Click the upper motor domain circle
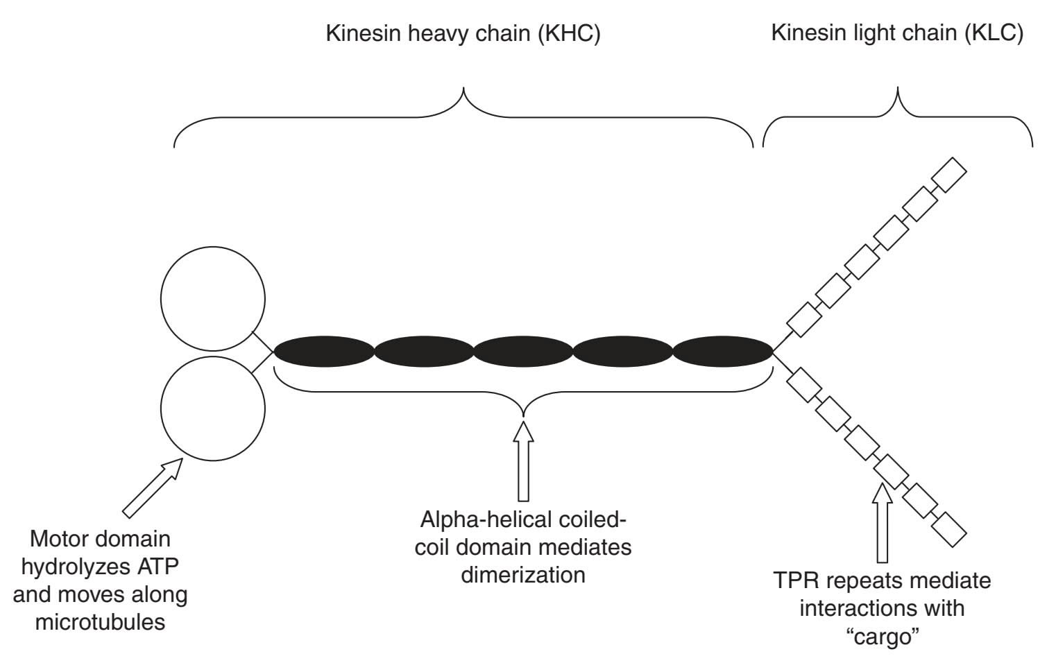pyautogui.click(x=212, y=300)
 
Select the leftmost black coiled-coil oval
pyautogui.click(x=324, y=352)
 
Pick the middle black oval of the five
pyautogui.click(x=523, y=352)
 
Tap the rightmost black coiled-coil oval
pyautogui.click(x=723, y=352)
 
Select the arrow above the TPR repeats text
pyautogui.click(x=883, y=524)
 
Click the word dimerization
pyautogui.click(x=523, y=575)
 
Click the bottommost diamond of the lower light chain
pyautogui.click(x=948, y=530)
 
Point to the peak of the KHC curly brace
pyautogui.click(x=463, y=89)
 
